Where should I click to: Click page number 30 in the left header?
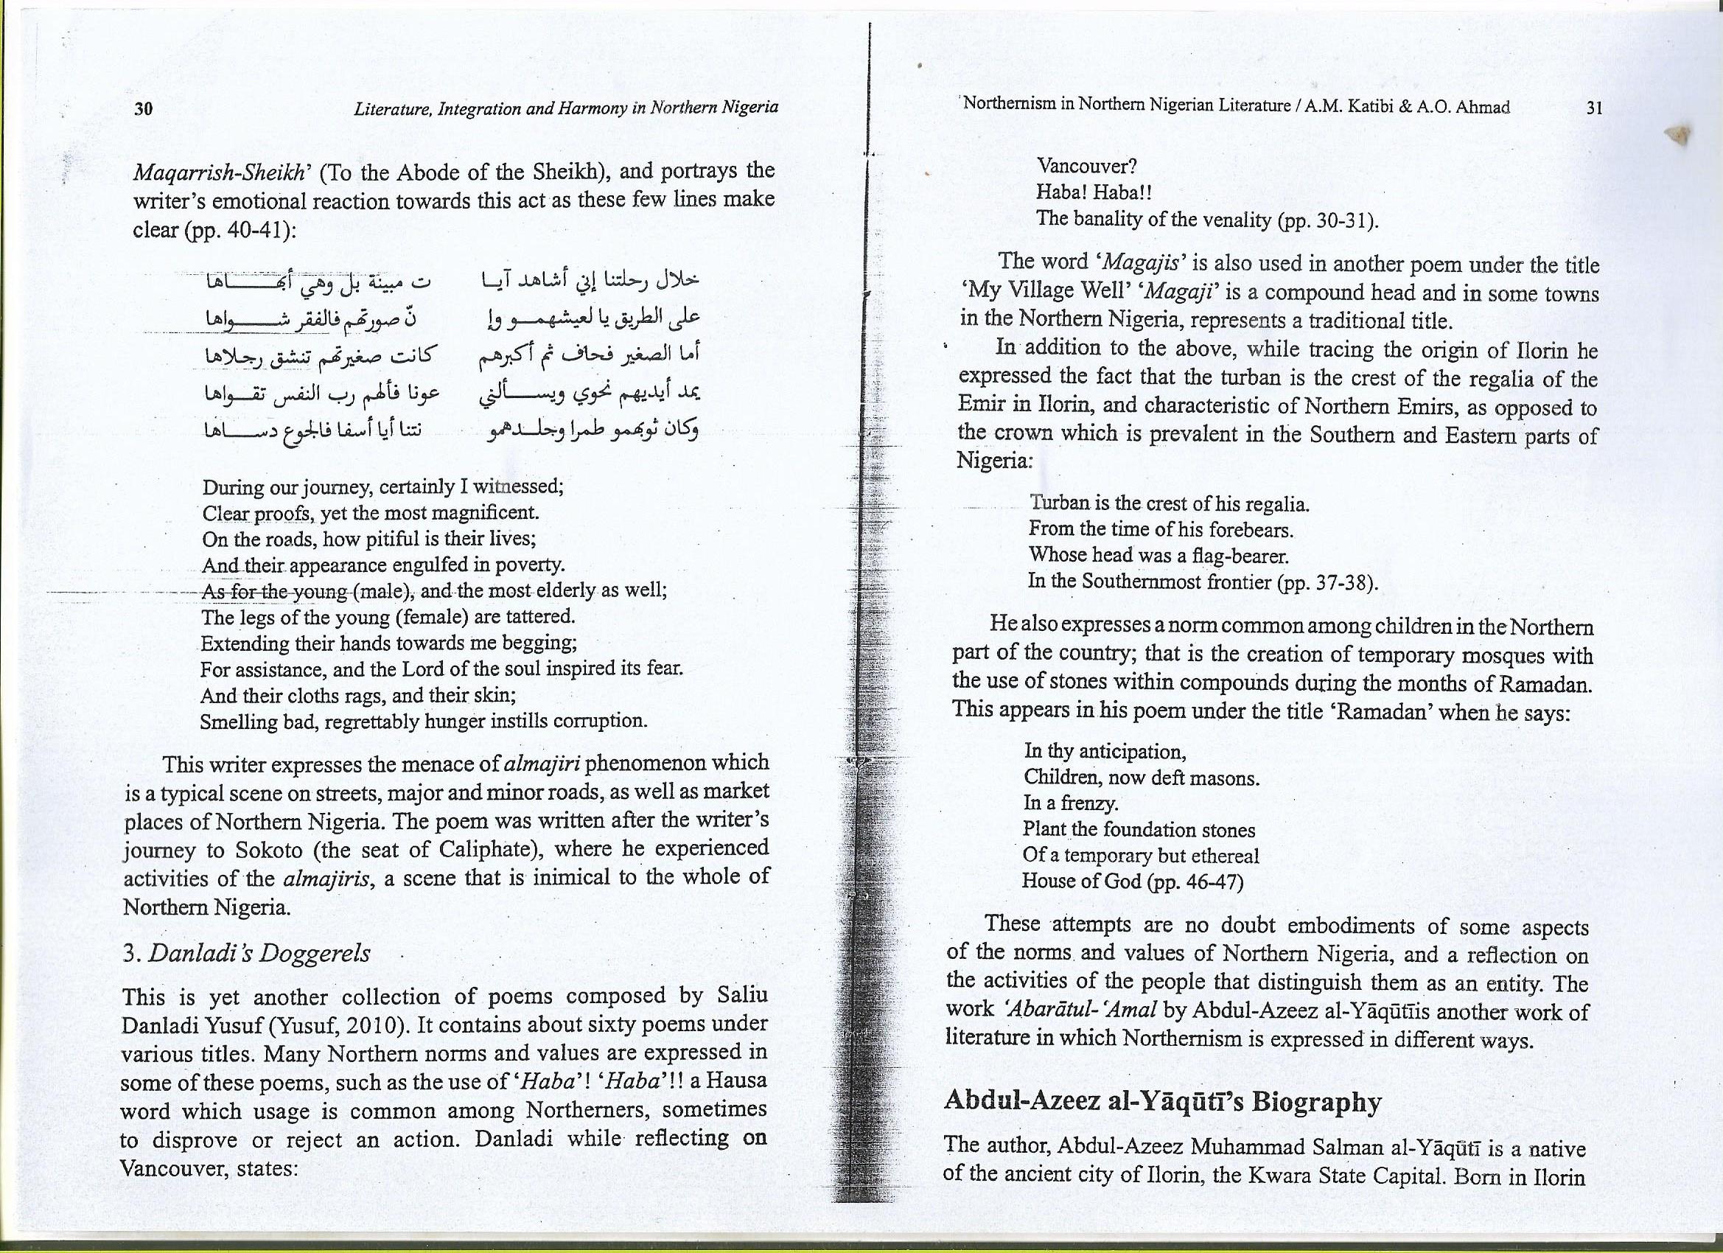(x=144, y=108)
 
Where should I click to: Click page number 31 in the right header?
(x=1595, y=108)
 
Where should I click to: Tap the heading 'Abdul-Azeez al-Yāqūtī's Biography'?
(x=1161, y=1102)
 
